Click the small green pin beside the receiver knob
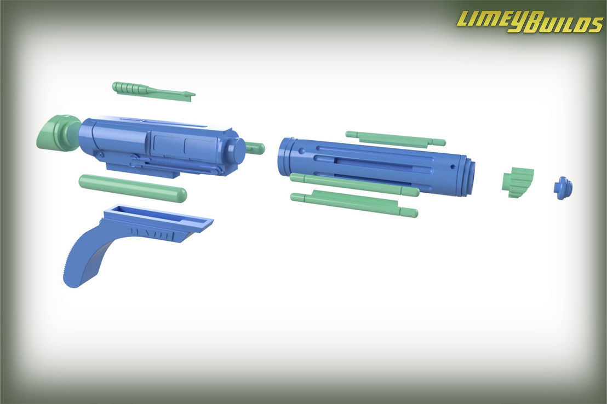point(256,148)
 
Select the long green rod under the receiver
point(133,188)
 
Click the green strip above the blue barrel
point(394,138)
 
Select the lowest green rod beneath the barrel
point(354,204)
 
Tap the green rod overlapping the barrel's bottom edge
point(354,184)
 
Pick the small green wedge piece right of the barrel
point(518,182)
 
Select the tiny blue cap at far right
point(563,187)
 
